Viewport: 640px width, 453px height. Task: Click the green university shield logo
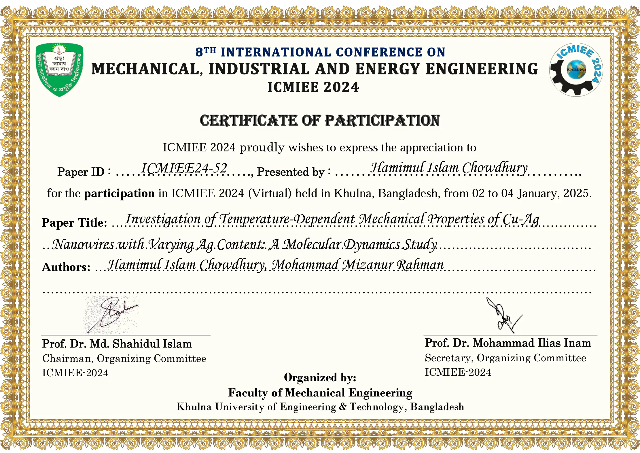[x=59, y=69]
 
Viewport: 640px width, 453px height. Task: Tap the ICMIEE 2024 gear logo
[x=576, y=70]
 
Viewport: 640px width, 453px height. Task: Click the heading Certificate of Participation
[x=320, y=121]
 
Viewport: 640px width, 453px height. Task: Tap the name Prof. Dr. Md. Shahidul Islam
[x=117, y=344]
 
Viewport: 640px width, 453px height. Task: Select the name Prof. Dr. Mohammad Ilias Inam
[x=508, y=343]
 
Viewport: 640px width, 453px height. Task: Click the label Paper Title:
[x=74, y=223]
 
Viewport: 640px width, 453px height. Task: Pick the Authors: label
[x=66, y=267]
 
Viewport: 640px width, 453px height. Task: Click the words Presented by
[x=290, y=172]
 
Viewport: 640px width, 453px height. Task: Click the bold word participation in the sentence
[x=119, y=193]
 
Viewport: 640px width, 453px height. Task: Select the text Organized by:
[x=320, y=377]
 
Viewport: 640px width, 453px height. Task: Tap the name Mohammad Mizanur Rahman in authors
[x=357, y=265]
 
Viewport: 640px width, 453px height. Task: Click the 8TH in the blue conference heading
[x=205, y=52]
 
